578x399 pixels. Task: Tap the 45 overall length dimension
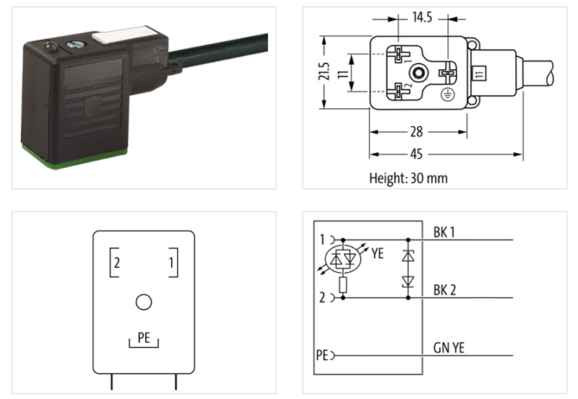436,154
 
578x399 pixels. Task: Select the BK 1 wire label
445,232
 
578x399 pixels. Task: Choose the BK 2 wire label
445,290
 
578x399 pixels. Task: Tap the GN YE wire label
449,348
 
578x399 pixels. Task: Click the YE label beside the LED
377,253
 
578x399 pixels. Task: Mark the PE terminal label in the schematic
322,355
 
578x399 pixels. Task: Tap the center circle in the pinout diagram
144,302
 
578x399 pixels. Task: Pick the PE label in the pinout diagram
144,336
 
